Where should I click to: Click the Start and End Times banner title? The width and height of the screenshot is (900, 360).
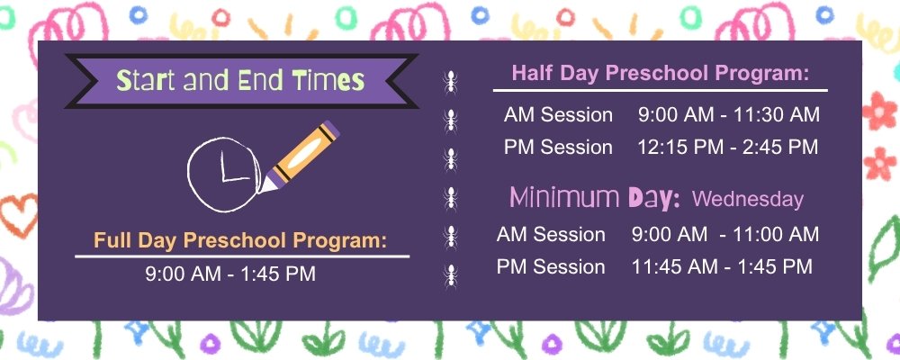tap(241, 82)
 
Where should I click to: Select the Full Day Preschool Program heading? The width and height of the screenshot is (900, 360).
tap(240, 240)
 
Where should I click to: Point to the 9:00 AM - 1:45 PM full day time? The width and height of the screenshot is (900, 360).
tap(230, 274)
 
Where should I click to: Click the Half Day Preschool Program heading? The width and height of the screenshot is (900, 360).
tap(661, 73)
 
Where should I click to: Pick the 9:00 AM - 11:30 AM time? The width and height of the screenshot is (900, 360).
tap(728, 115)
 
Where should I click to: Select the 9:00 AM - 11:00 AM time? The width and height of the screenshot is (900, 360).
tap(724, 235)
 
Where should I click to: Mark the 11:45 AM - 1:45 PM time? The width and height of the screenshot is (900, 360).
tap(722, 266)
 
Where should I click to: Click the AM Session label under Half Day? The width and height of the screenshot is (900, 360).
tap(558, 115)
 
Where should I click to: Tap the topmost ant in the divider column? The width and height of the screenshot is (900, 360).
tap(449, 82)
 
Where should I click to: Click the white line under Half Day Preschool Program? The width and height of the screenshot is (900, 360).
tap(660, 90)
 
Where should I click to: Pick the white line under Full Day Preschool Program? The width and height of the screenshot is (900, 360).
tap(241, 256)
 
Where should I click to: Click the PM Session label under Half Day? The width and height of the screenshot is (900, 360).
tap(558, 147)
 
